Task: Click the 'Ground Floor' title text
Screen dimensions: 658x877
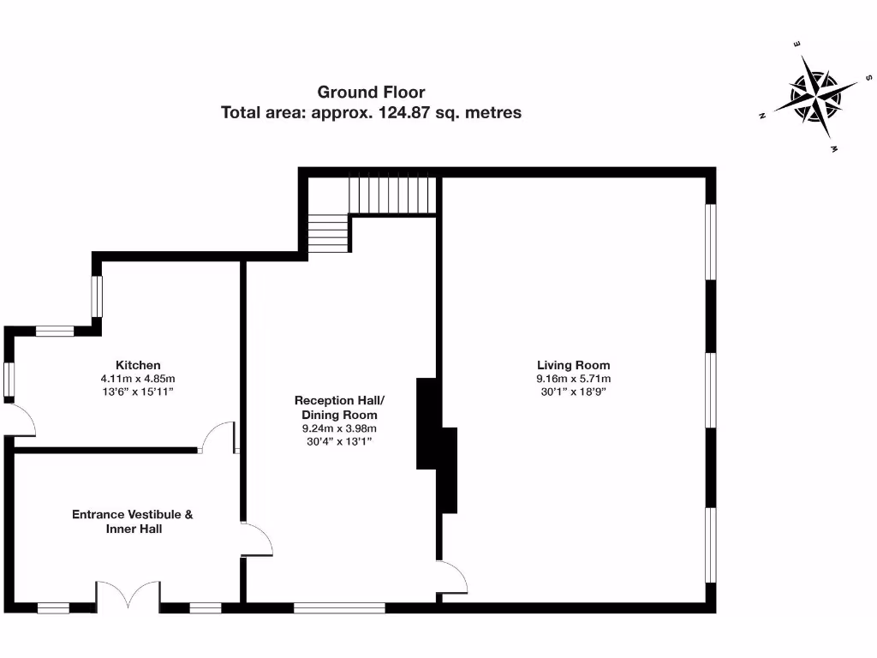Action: (x=371, y=92)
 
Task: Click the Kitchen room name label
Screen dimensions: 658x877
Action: (x=138, y=365)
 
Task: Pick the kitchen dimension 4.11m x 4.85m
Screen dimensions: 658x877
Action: (x=138, y=378)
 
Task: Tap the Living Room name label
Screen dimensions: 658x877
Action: (x=573, y=365)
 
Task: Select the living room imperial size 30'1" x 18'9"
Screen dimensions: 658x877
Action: (x=573, y=391)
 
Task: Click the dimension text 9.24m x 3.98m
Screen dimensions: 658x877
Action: (x=339, y=428)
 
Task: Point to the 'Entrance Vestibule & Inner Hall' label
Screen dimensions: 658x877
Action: (x=132, y=522)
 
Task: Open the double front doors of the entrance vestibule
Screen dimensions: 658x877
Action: (x=128, y=595)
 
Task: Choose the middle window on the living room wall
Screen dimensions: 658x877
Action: (x=710, y=389)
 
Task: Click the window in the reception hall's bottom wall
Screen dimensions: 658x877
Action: (x=339, y=608)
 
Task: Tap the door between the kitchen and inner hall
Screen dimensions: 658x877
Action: (x=218, y=437)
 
